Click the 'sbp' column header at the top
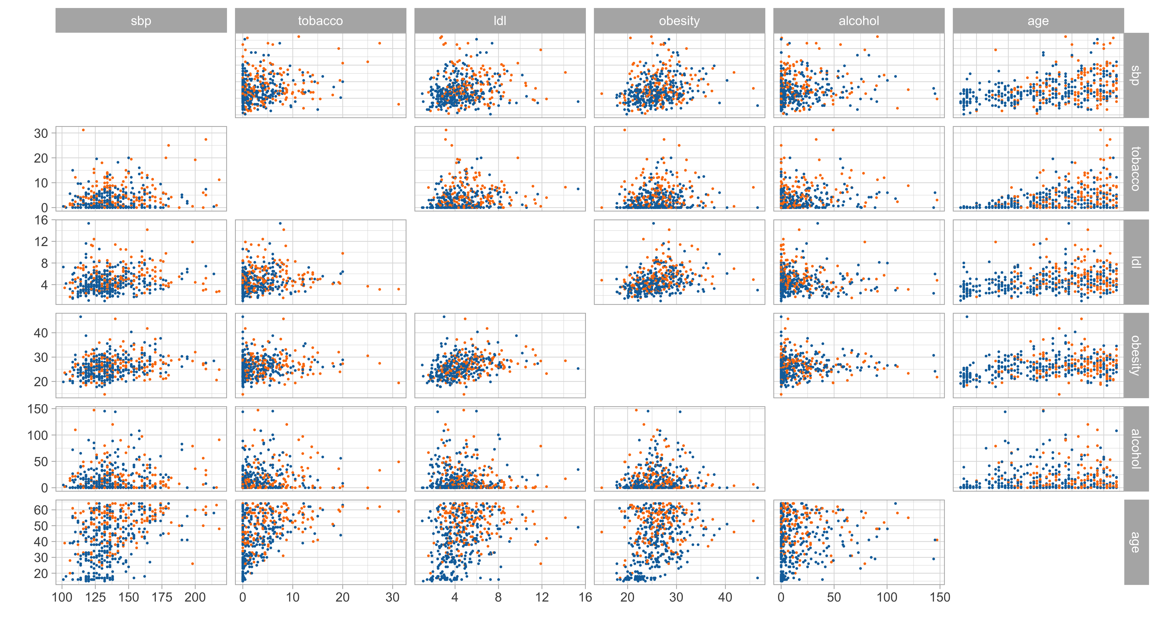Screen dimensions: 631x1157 [x=141, y=21]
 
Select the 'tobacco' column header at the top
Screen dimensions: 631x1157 [x=320, y=21]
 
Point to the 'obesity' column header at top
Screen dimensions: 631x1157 [x=679, y=21]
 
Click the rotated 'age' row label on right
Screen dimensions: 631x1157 [x=1136, y=542]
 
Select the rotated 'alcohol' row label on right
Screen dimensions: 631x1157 [x=1136, y=449]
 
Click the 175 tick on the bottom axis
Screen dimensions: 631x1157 [x=162, y=597]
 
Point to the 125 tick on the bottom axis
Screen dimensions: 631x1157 [x=95, y=597]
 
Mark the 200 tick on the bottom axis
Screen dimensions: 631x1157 [x=195, y=597]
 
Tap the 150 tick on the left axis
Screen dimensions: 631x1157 [x=38, y=409]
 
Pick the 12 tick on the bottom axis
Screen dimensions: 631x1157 [x=542, y=597]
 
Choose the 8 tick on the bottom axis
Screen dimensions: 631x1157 [x=498, y=597]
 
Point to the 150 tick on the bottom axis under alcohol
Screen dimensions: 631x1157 [x=940, y=597]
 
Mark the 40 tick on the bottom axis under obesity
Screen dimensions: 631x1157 [x=725, y=597]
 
